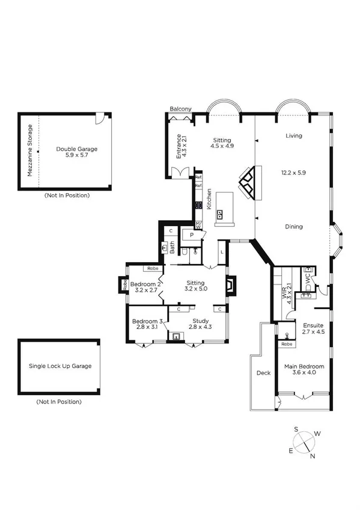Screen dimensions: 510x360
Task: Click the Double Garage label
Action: coord(76,149)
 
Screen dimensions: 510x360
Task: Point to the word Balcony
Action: coord(180,108)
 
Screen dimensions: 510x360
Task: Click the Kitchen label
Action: coord(209,199)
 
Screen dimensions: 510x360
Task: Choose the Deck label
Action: coord(263,373)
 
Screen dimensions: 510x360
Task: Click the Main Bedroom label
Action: coord(304,366)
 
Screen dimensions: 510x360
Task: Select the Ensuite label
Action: coord(313,325)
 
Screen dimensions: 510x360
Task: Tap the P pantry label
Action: coord(191,235)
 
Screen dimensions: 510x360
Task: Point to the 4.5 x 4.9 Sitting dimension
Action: coord(222,146)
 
